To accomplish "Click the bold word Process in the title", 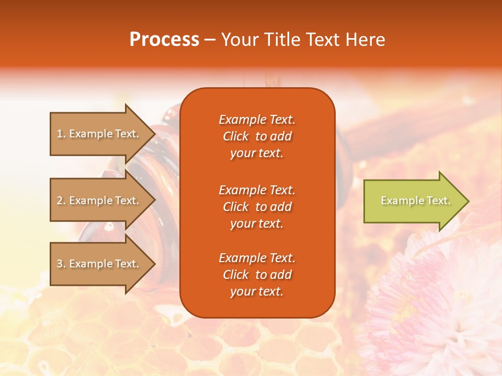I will point(164,39).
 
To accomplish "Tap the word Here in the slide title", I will point(364,39).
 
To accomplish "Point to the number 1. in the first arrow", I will point(61,134).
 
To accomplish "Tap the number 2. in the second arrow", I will point(61,201).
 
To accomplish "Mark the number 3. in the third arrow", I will point(61,264).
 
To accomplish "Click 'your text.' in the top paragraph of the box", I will point(257,154).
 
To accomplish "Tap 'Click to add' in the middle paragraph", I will point(257,207).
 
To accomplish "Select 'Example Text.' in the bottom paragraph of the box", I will point(257,258).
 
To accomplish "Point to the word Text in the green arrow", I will point(438,201).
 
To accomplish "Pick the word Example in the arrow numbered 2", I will point(91,201).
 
